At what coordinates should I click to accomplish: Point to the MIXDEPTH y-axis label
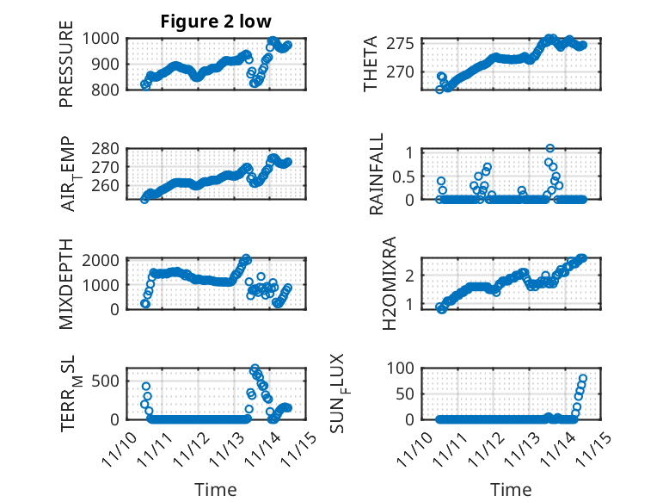66,284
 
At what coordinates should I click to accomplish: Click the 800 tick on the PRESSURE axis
111,90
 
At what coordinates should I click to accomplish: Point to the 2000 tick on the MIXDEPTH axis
107,259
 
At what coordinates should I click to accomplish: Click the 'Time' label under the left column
216,489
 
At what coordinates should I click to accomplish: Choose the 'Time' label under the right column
511,489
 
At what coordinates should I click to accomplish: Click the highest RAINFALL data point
549,148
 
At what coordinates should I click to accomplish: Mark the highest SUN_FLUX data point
583,379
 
